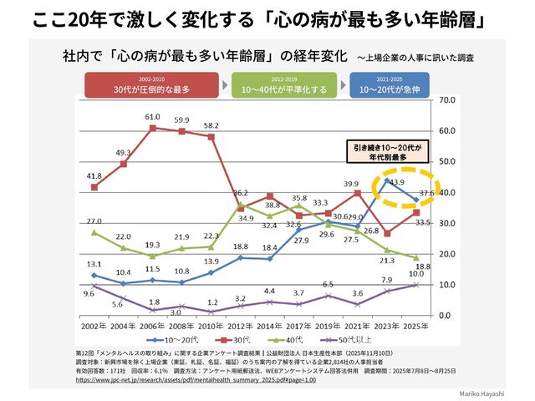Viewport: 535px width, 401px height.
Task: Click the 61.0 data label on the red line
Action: pos(152,117)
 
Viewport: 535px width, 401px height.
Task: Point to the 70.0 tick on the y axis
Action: pos(446,99)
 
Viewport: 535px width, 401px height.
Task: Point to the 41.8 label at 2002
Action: pos(93,176)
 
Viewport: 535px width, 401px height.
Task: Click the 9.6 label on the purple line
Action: pos(88,294)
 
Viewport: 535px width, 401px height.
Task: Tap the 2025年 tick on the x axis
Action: pos(418,326)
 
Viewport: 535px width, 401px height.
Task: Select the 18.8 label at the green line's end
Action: pos(423,266)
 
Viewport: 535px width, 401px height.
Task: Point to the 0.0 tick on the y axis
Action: pos(445,315)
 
